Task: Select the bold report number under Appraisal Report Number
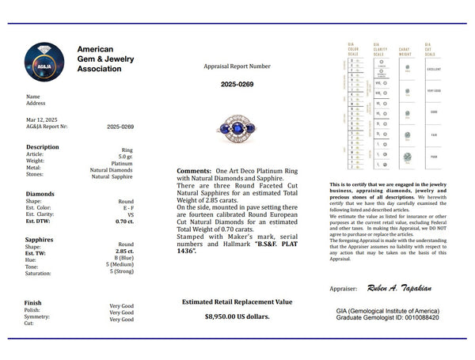[237, 84]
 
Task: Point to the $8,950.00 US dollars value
[237, 316]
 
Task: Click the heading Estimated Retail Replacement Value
[237, 301]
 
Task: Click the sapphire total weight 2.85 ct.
[123, 252]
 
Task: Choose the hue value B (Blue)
[123, 259]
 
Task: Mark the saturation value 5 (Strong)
[121, 273]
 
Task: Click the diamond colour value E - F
[126, 208]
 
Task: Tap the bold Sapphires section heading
[40, 238]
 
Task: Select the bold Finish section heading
[33, 302]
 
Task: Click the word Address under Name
[36, 104]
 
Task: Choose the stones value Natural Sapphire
[112, 177]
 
